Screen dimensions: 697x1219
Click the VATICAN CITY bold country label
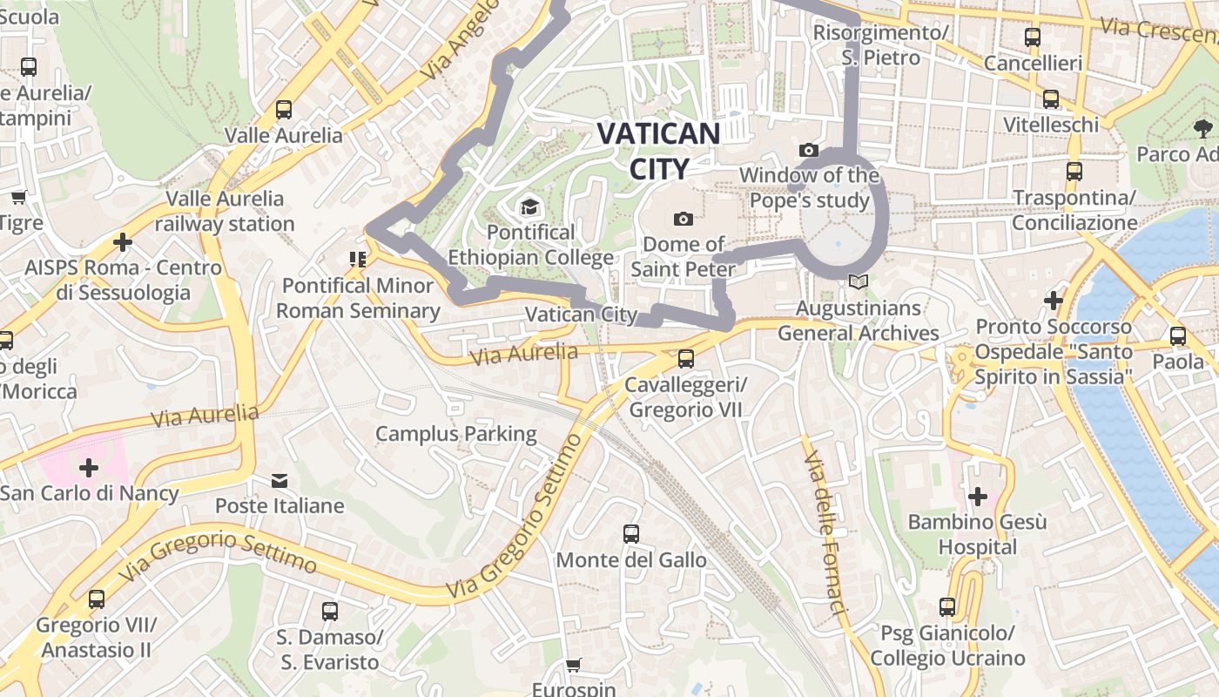(659, 151)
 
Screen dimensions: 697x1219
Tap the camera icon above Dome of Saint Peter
(684, 219)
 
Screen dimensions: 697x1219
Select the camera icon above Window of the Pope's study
(808, 151)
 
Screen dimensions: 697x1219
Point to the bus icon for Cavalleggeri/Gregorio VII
(686, 358)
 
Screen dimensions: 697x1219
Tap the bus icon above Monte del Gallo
(631, 534)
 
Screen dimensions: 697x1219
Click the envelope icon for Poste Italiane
(279, 480)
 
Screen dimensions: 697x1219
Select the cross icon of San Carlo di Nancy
(89, 468)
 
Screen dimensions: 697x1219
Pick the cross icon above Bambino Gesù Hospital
(977, 497)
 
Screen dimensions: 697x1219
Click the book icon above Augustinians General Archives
(859, 282)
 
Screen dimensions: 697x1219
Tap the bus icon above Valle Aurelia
(284, 110)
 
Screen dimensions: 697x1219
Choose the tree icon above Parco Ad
(1202, 129)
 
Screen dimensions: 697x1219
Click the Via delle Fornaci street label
(825, 532)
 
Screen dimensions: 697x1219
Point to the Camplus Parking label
(456, 433)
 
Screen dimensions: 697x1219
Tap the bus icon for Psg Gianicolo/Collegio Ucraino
(947, 607)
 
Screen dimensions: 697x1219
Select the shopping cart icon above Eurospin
(573, 666)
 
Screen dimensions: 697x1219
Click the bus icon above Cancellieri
(1033, 37)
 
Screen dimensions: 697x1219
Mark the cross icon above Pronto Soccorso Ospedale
(1054, 301)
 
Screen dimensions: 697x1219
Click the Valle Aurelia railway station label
(225, 211)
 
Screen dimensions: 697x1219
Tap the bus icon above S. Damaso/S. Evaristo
(329, 612)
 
